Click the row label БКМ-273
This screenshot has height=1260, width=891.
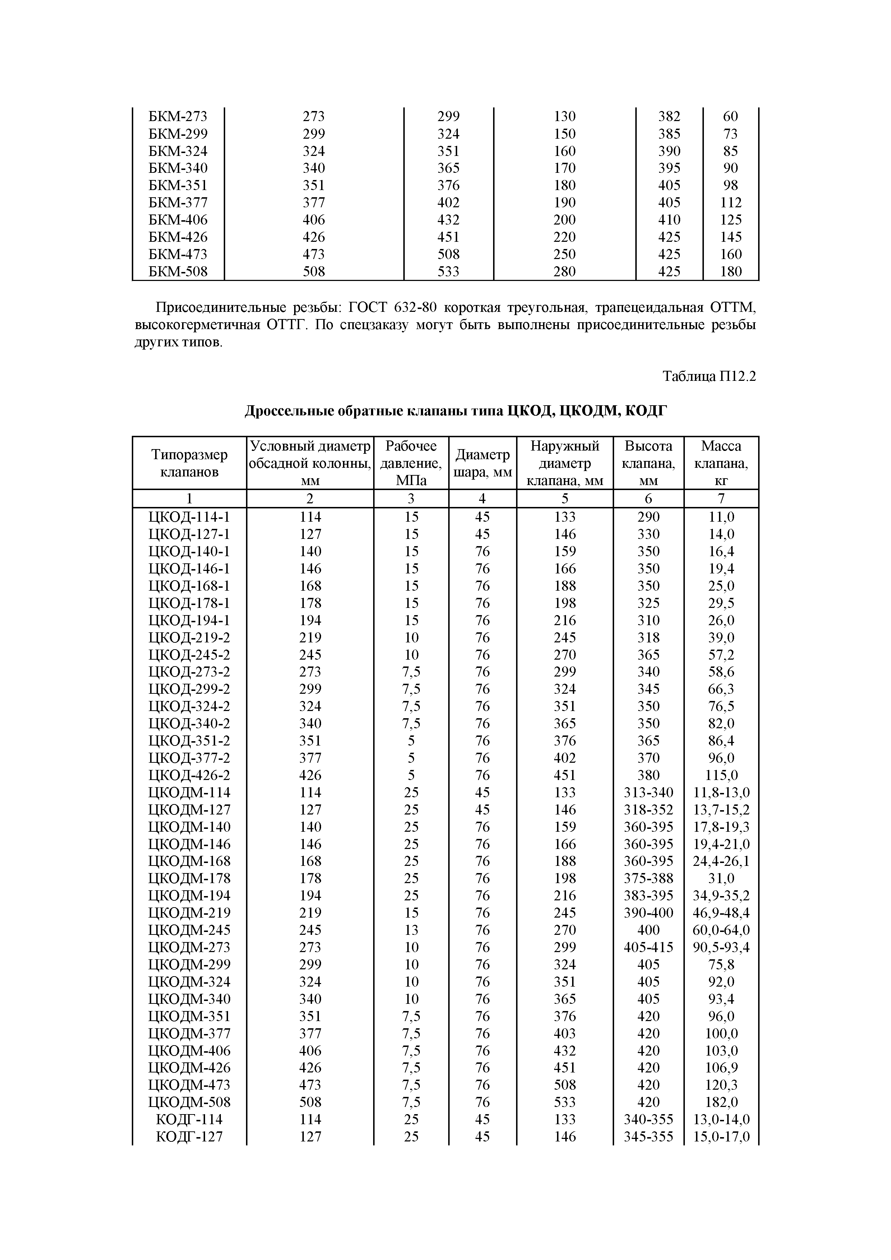pyautogui.click(x=178, y=116)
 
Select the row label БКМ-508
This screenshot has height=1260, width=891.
pyautogui.click(x=178, y=272)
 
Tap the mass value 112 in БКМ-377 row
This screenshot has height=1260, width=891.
pyautogui.click(x=731, y=203)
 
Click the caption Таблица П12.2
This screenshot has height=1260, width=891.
pyautogui.click(x=709, y=377)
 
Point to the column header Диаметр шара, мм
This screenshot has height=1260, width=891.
pyautogui.click(x=483, y=463)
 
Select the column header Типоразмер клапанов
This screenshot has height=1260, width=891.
pyautogui.click(x=189, y=463)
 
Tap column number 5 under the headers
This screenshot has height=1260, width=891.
pyautogui.click(x=565, y=498)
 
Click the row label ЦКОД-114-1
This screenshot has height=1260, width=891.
pyautogui.click(x=189, y=517)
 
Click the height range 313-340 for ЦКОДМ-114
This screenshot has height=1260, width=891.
pyautogui.click(x=649, y=793)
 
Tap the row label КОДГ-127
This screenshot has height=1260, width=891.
pyautogui.click(x=189, y=1136)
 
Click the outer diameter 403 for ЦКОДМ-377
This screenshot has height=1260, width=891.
pyautogui.click(x=565, y=1033)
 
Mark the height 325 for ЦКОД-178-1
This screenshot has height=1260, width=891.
pyautogui.click(x=649, y=603)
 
